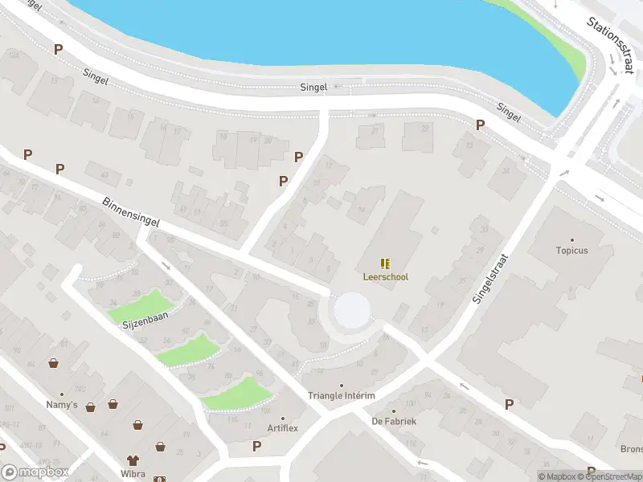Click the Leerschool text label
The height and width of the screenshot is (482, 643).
386,277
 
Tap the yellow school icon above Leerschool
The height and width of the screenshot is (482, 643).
386,263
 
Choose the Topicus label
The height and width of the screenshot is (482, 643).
572,251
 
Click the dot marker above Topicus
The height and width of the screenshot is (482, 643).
572,239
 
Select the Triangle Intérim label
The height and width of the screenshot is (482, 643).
342,396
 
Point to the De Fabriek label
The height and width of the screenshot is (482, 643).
394,421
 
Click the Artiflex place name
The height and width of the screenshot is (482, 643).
283,428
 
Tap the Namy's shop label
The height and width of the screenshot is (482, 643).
62,405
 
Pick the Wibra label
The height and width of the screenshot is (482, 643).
133,473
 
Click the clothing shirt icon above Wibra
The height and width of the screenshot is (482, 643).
133,460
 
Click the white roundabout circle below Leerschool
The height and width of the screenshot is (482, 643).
352,311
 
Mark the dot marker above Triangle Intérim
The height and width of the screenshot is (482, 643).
342,386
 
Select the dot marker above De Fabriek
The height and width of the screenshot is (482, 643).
394,411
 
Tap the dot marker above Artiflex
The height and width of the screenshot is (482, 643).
283,418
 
